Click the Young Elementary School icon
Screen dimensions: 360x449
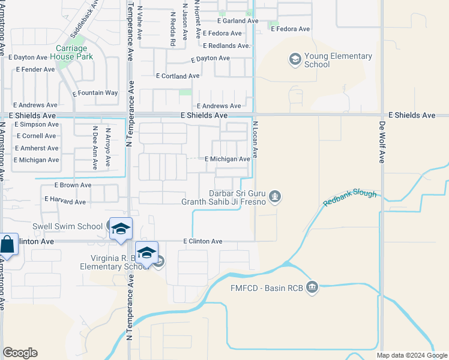(x=295, y=59)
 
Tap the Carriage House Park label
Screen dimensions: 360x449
(x=75, y=53)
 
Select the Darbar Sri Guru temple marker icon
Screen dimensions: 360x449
(x=276, y=196)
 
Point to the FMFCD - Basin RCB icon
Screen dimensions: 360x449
(x=312, y=287)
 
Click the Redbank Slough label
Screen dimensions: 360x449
(x=349, y=198)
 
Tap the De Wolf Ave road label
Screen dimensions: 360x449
(x=382, y=142)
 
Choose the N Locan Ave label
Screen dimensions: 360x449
(x=255, y=139)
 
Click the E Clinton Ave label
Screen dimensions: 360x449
(x=203, y=241)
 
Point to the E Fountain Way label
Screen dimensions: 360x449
(x=95, y=93)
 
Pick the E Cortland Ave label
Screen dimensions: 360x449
(x=177, y=76)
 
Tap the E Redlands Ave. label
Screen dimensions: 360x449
(x=226, y=46)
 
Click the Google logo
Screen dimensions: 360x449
(x=20, y=353)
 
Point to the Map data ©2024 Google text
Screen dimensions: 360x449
(x=411, y=355)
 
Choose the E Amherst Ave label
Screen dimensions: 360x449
(x=37, y=148)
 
